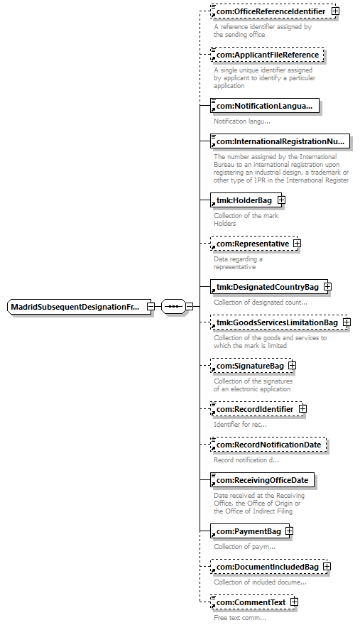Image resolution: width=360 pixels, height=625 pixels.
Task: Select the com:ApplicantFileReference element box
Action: [267, 55]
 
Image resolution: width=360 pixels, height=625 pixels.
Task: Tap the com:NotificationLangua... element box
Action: [265, 106]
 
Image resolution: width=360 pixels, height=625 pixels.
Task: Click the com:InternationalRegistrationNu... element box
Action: [280, 141]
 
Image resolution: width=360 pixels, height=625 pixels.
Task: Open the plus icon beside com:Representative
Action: [297, 243]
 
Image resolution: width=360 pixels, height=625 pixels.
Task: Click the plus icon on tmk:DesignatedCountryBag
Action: [327, 287]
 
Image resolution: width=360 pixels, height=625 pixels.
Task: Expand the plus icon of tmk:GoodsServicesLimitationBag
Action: [347, 322]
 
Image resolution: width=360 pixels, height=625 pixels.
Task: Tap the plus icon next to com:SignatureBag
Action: [293, 365]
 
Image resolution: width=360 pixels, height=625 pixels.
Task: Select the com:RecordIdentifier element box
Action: [258, 409]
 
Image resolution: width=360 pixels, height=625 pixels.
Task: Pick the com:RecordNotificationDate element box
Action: [268, 445]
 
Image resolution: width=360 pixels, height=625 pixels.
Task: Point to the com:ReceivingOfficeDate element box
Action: [262, 480]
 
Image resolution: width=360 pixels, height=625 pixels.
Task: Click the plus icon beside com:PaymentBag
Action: [290, 531]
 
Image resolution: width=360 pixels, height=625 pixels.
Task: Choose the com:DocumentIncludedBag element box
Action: [271, 567]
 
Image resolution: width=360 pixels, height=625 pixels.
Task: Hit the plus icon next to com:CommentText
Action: [294, 602]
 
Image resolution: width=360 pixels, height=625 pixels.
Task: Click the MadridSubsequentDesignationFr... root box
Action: [80, 307]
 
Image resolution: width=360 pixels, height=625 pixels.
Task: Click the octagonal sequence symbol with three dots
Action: [173, 307]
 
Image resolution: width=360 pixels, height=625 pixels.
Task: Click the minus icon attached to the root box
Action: [151, 307]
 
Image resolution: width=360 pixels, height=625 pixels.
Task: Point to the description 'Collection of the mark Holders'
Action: [246, 219]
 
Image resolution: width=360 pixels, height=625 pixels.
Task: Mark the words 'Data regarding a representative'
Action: [238, 263]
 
